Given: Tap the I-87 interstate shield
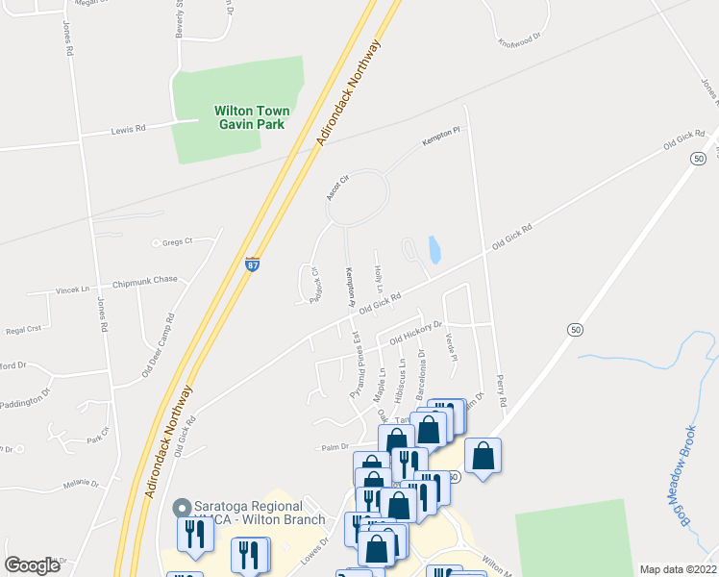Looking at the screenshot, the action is (251, 264).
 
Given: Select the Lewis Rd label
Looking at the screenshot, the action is (127, 128).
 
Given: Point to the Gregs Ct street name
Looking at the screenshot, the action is (178, 241).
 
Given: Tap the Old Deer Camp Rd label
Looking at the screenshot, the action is (159, 331).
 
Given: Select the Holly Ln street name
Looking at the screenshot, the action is (378, 280).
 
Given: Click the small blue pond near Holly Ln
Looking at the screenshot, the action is (434, 250).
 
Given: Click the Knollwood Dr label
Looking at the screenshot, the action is (520, 41).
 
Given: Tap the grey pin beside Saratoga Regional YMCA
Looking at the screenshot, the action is (179, 507).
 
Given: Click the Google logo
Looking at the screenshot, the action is (32, 564).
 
